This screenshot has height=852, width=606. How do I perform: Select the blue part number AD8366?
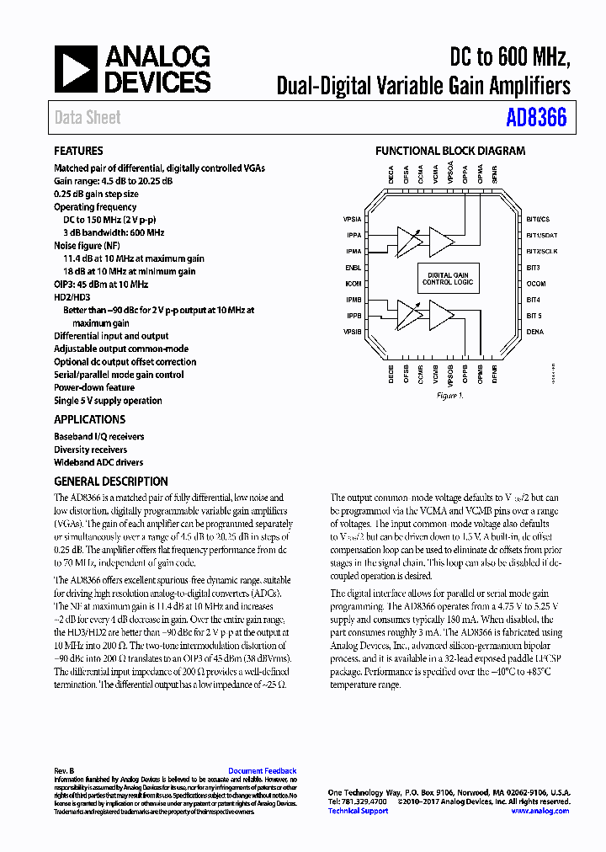536,118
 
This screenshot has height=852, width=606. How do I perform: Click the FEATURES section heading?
78,152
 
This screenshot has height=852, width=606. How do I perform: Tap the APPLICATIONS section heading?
89,419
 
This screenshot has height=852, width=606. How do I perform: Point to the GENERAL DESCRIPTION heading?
110,482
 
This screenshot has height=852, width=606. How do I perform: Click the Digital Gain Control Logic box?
449,279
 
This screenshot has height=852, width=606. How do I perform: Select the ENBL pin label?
353,267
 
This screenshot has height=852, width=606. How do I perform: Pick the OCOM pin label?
536,284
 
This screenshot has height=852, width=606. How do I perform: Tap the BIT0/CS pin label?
538,219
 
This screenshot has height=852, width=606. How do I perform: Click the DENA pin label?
535,332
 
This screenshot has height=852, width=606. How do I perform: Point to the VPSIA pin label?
352,219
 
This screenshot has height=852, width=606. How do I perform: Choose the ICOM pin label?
353,284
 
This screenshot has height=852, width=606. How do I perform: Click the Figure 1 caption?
449,396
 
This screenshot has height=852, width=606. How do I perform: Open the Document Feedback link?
263,771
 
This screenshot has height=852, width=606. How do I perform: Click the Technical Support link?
358,811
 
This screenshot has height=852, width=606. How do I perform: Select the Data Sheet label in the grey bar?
88,118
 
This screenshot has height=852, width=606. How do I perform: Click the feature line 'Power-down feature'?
95,388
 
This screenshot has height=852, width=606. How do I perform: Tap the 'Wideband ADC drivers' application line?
98,462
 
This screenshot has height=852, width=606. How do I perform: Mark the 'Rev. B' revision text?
65,771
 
